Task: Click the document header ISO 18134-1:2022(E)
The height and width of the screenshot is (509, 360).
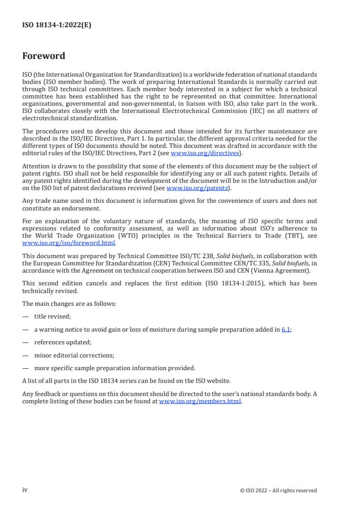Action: click(x=57, y=25)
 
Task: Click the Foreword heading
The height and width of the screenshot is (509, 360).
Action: click(x=44, y=56)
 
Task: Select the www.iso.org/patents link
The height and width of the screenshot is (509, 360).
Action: click(x=197, y=188)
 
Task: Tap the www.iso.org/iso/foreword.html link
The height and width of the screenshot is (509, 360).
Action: click(x=69, y=243)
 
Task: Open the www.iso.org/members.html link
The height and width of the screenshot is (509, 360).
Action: click(x=200, y=401)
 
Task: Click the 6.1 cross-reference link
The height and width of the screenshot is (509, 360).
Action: click(x=286, y=330)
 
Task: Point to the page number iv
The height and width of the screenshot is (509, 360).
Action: click(x=25, y=490)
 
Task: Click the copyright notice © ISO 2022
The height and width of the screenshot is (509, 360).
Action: click(x=278, y=490)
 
